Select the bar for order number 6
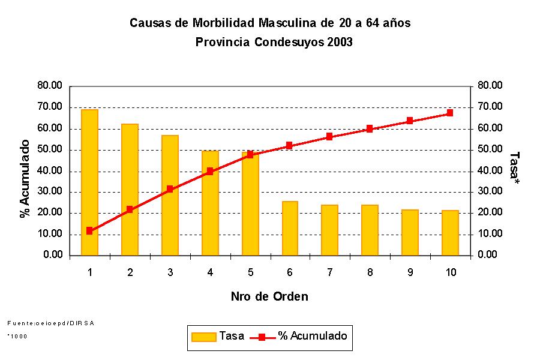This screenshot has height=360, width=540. (290, 228)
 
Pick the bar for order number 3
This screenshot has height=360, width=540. (170, 195)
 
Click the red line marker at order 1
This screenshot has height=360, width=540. (89, 230)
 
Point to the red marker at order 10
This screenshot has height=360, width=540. (450, 113)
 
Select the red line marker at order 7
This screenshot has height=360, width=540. (329, 137)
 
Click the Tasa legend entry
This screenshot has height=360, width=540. (218, 336)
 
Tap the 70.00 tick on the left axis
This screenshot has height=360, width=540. (49, 107)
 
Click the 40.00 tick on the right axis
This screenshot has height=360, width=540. (490, 170)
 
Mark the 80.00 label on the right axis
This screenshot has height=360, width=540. (490, 86)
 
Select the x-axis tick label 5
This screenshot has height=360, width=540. (250, 272)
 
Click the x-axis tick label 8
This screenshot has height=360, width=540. (370, 272)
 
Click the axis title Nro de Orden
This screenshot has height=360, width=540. (269, 296)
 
